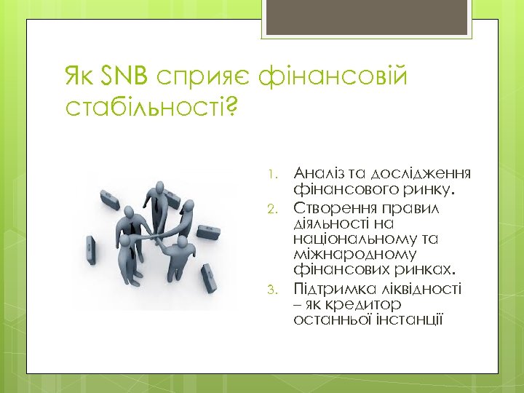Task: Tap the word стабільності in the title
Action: point(146,108)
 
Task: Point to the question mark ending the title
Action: point(232,108)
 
